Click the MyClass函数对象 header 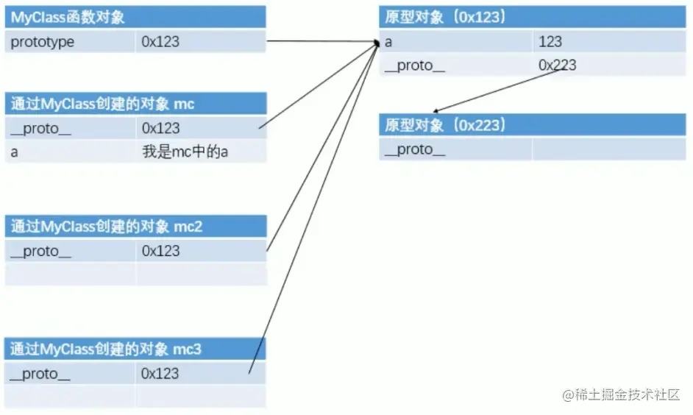click(x=68, y=17)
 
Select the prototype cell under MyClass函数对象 click(x=43, y=42)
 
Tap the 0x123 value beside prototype click(x=160, y=42)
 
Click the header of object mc click(x=103, y=104)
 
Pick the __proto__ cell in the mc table click(x=41, y=128)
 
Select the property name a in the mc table click(x=15, y=152)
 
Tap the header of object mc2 click(x=107, y=227)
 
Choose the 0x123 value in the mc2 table click(x=160, y=251)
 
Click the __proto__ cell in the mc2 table click(x=41, y=251)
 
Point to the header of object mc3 click(x=106, y=350)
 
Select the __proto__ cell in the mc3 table click(x=40, y=374)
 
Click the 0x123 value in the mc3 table click(x=160, y=374)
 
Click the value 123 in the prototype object click(x=550, y=42)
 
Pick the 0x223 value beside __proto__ click(x=557, y=65)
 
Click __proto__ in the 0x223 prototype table click(x=415, y=149)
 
